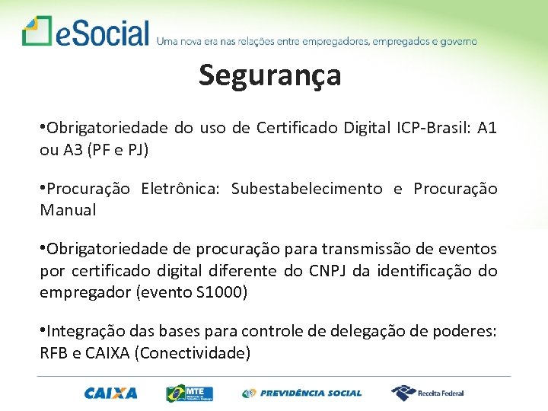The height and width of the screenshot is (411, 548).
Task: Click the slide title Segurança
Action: pos(270,75)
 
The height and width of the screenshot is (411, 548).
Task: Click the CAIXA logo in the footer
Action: pos(111,393)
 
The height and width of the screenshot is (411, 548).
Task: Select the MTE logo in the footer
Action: pos(190,393)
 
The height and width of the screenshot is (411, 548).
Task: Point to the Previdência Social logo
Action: pos(302,393)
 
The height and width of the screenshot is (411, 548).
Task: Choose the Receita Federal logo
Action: pos(428,393)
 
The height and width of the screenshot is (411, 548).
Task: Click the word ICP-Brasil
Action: pos(432,128)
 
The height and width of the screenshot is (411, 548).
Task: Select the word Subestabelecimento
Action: pos(307,189)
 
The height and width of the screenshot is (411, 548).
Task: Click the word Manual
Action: pos(68,211)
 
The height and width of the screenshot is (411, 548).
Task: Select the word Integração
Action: pos(84,331)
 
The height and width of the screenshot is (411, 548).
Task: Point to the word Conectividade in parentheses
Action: pos(204,353)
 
